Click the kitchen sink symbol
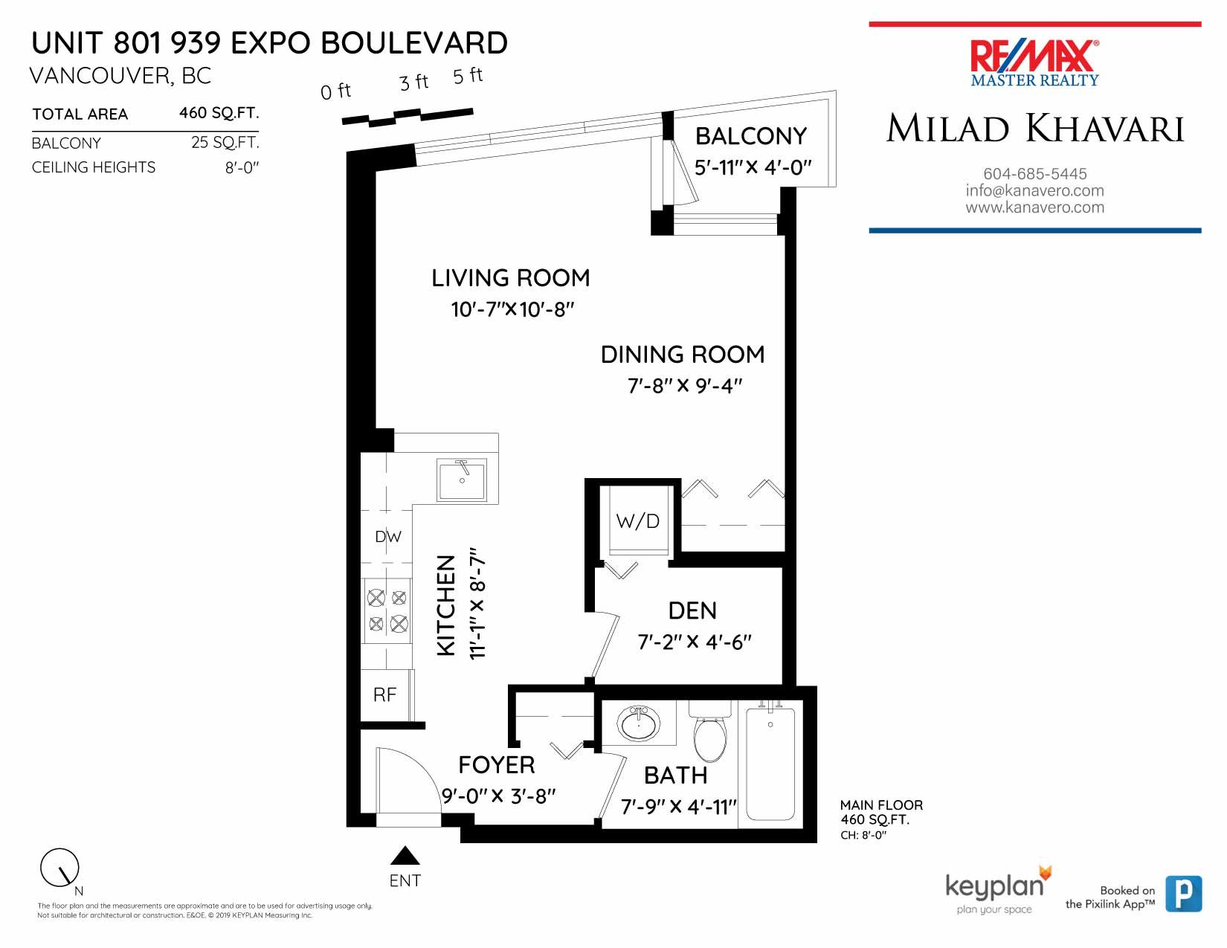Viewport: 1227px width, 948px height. tap(462, 480)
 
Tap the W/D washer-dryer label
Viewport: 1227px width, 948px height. tap(637, 521)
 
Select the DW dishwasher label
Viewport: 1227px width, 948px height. tap(387, 536)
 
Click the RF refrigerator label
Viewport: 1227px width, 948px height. tap(384, 694)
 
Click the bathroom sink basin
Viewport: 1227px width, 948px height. tap(639, 723)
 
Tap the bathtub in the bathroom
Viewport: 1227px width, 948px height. tap(770, 764)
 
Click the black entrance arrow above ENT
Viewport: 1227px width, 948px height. tap(405, 856)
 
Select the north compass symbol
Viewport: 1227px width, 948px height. tap(59, 868)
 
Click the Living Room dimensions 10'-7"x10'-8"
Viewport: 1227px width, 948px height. tap(512, 309)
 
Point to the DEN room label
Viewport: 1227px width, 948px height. tap(692, 610)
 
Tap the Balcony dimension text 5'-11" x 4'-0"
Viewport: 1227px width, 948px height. tap(753, 167)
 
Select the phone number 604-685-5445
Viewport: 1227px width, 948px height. tap(1034, 173)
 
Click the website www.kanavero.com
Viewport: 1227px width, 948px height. tap(1034, 207)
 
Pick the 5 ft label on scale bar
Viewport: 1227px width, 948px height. tap(468, 76)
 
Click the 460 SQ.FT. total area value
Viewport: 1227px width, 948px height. tap(219, 113)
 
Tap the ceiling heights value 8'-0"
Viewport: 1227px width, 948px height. tap(242, 167)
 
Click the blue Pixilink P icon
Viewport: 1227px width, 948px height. tap(1182, 894)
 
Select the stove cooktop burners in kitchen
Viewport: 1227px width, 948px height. tap(387, 610)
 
